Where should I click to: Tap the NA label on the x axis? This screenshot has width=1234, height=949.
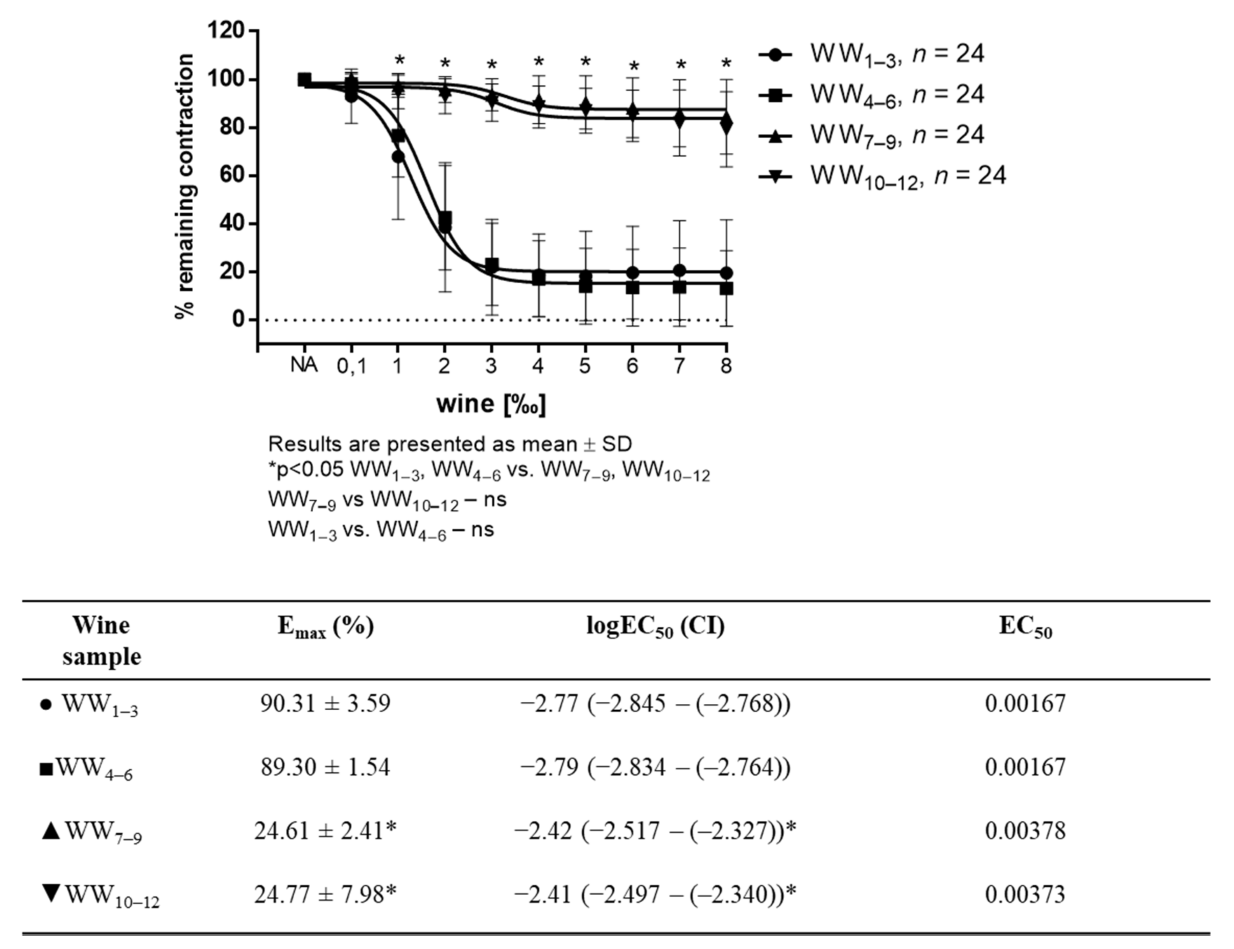pos(304,366)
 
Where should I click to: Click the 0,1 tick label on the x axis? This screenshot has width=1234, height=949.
pos(352,367)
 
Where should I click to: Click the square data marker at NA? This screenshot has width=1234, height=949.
pos(304,80)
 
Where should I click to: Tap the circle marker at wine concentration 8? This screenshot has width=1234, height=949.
pos(727,273)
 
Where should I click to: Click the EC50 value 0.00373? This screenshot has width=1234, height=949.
pos(1025,894)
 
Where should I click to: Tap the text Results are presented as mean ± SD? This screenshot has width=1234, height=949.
pos(450,444)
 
